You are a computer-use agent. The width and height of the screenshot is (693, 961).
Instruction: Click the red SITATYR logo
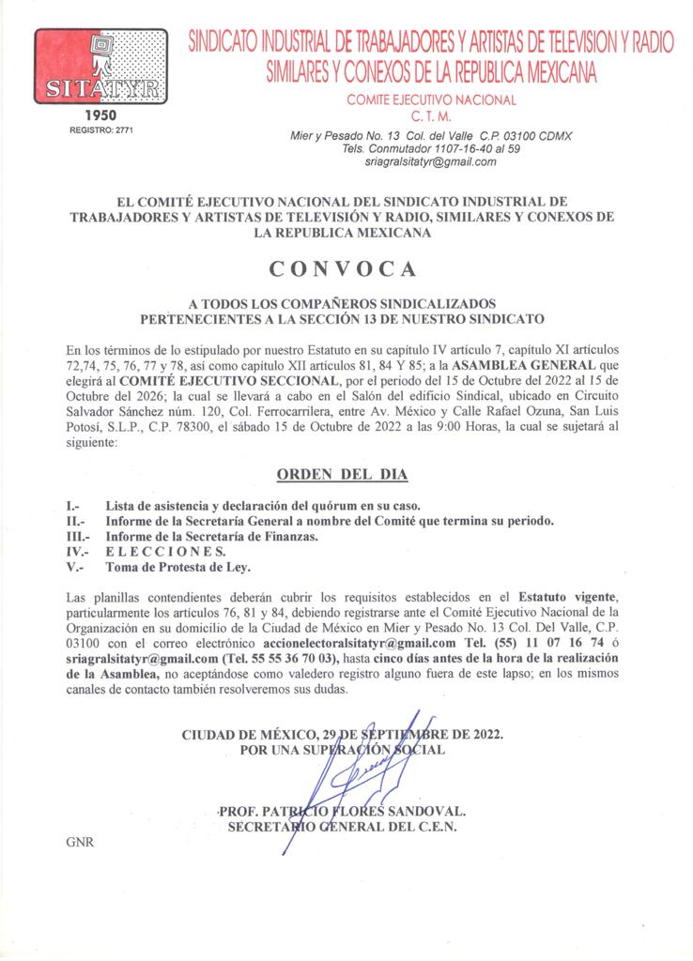[x=101, y=67]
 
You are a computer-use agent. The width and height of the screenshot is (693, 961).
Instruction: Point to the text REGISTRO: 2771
[x=101, y=130]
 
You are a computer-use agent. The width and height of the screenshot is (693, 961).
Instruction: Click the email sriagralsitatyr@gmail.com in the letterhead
[x=431, y=161]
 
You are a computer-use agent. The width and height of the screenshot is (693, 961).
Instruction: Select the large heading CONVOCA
[x=343, y=268]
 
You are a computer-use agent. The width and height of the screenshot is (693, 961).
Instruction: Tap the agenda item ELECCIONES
[x=165, y=552]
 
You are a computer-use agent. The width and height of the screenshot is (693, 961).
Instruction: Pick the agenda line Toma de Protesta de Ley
[x=178, y=567]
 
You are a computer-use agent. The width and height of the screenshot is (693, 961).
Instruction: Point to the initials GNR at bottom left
[x=80, y=842]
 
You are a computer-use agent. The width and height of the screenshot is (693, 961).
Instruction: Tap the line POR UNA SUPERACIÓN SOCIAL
[x=343, y=750]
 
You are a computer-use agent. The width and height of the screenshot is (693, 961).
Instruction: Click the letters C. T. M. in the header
[x=431, y=116]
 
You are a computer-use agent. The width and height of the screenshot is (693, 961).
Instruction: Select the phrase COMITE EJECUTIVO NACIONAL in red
[x=431, y=99]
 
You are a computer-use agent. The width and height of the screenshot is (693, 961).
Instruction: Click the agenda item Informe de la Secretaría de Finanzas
[x=212, y=537]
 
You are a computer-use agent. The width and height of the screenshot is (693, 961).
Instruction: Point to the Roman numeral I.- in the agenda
[x=72, y=506]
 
